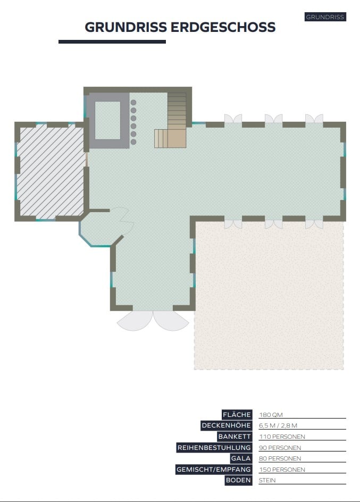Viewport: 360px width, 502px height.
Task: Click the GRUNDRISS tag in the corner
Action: coord(325,17)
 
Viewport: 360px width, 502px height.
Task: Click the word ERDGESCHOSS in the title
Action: coord(223,27)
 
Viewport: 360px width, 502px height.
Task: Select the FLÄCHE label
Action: coord(237,415)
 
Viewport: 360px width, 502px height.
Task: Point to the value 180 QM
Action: coord(271,415)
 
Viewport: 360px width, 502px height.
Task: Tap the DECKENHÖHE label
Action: coord(226,425)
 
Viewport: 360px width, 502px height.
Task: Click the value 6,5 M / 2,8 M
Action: coord(278,425)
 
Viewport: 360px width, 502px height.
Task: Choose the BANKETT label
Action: coord(235,437)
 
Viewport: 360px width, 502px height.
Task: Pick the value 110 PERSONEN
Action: coord(282,437)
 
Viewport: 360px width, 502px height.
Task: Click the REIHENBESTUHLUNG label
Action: coord(214,448)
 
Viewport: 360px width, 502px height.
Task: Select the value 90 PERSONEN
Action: coord(280,448)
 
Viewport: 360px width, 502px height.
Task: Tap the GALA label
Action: coord(241,458)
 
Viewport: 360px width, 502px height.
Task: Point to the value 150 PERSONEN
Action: coord(282,470)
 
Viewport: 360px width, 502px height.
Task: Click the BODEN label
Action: coord(238,480)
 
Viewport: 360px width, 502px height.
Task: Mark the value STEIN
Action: coord(267,480)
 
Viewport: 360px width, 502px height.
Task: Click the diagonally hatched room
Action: coord(50,171)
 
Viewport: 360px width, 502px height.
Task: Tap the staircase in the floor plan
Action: coord(171,120)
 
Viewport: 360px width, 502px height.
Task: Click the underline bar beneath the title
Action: coord(112,41)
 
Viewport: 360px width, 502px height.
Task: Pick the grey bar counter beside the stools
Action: coord(108,121)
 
